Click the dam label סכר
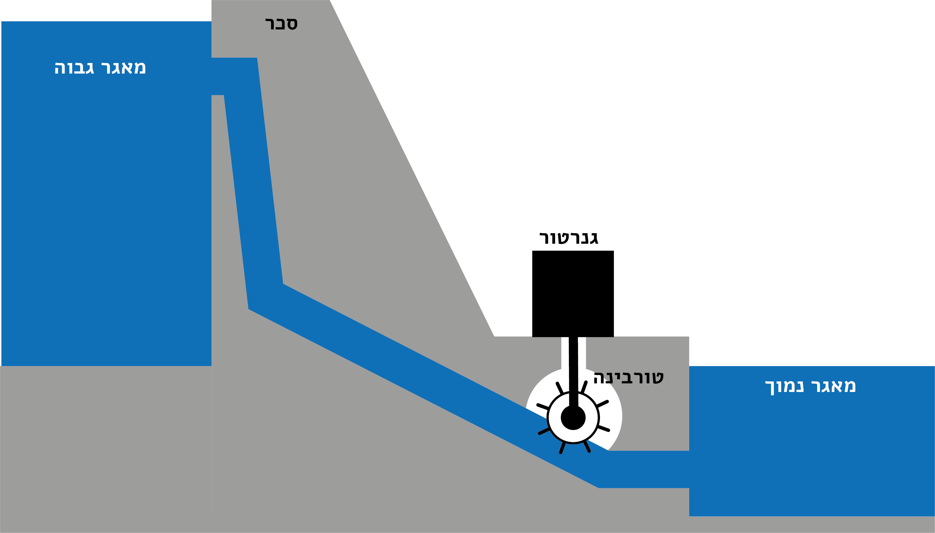pyautogui.click(x=281, y=24)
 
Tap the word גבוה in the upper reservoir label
pyautogui.click(x=74, y=68)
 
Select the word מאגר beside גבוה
pyautogui.click(x=123, y=68)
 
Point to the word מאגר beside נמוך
pyautogui.click(x=833, y=386)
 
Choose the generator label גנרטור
pyautogui.click(x=569, y=238)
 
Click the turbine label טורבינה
pyautogui.click(x=628, y=378)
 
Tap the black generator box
pyautogui.click(x=573, y=294)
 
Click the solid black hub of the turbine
pyautogui.click(x=573, y=418)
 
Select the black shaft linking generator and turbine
pyautogui.click(x=573, y=371)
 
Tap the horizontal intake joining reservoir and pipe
pyautogui.click(x=234, y=76)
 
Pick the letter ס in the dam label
pyautogui.click(x=292, y=24)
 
